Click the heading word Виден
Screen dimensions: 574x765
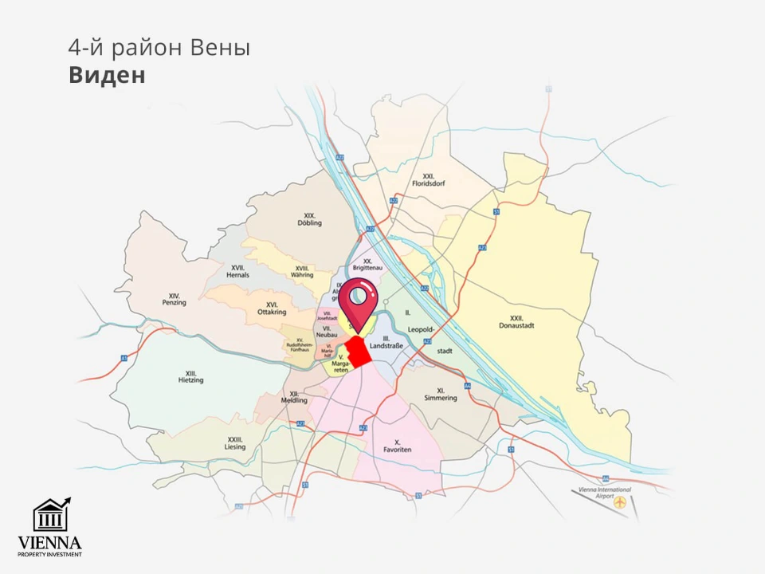(107, 75)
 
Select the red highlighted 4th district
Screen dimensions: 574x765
(359, 352)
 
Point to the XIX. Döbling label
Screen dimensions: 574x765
(310, 219)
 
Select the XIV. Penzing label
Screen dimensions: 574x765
(174, 299)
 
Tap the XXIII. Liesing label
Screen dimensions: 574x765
(235, 443)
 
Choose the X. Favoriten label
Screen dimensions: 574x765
(397, 446)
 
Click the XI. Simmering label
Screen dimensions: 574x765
(441, 394)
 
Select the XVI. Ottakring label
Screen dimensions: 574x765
(272, 309)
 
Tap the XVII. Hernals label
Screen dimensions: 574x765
(237, 271)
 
